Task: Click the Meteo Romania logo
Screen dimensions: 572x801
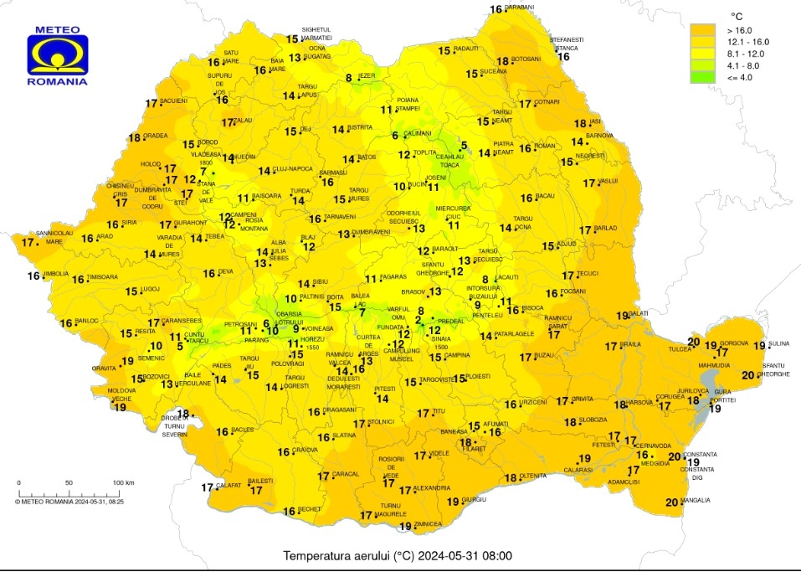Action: (57, 55)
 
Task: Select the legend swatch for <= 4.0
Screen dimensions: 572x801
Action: (702, 77)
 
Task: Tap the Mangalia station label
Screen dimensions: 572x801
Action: (695, 501)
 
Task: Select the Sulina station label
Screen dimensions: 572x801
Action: (778, 343)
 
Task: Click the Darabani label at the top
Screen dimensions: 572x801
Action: (519, 8)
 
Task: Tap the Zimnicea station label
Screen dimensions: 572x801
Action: (429, 524)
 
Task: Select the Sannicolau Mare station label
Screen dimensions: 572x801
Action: (54, 237)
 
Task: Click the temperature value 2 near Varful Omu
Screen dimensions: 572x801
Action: (418, 320)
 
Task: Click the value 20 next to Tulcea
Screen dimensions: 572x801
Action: (693, 341)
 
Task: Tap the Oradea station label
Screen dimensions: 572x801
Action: (155, 136)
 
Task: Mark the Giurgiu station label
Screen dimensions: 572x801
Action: (474, 500)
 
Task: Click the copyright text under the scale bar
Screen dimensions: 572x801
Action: (69, 502)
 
